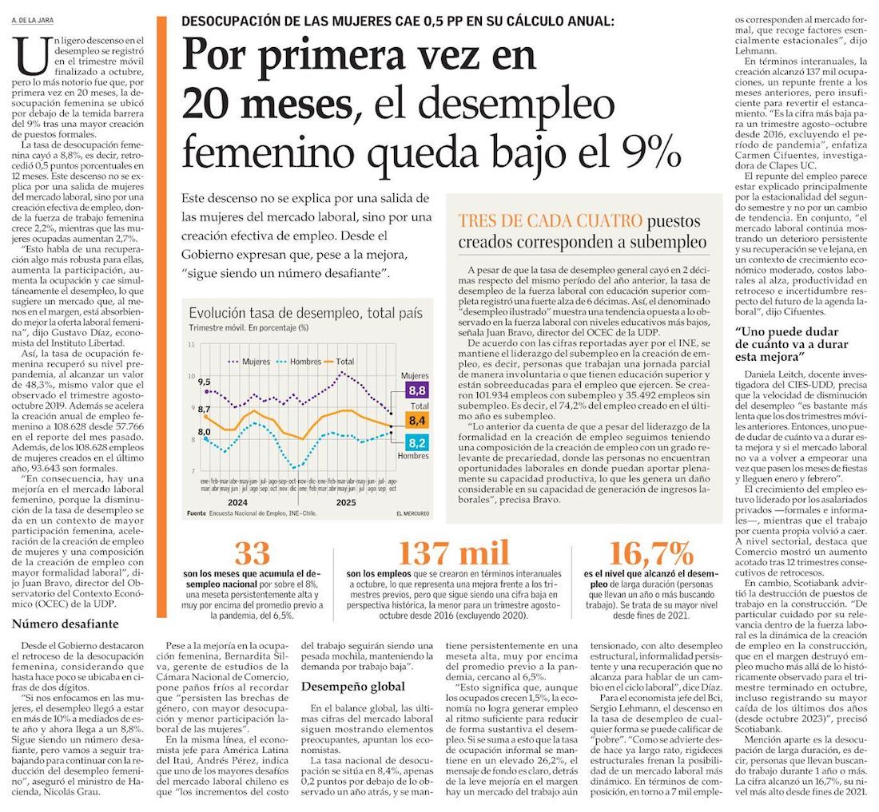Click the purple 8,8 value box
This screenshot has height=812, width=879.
point(416,391)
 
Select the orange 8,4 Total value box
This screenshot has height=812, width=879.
point(416,419)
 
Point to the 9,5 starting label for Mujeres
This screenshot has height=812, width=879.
point(204,382)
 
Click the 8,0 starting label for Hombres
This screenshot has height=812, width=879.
point(204,432)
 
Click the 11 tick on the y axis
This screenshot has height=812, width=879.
point(191,344)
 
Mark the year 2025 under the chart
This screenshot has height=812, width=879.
point(345,502)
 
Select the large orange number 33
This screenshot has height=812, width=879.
point(251,553)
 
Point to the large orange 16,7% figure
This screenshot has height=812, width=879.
point(650,553)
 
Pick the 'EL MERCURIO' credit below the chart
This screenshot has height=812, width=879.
point(412,513)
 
